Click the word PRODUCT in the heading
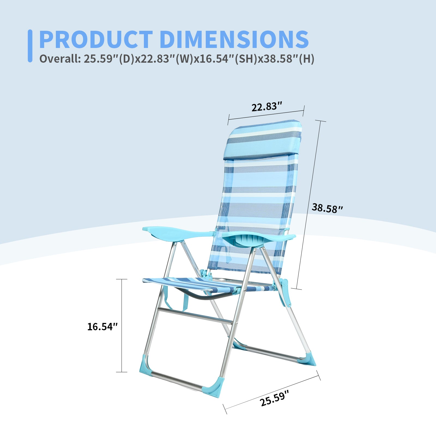(x=96, y=40)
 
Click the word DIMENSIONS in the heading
(x=234, y=40)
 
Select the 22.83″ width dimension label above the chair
(x=267, y=107)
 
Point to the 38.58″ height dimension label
(x=327, y=208)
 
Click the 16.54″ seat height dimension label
(x=102, y=326)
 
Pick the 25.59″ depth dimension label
(x=274, y=398)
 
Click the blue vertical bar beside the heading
(x=30, y=46)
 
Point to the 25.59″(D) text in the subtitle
(x=109, y=59)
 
